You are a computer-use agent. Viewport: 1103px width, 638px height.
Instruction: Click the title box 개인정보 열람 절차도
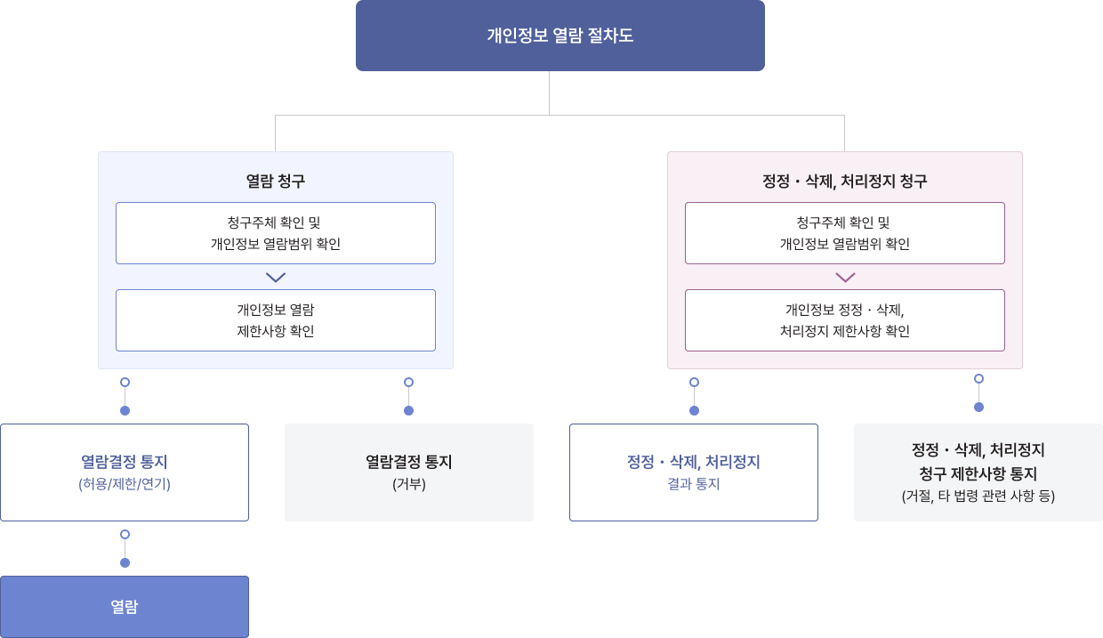tap(560, 36)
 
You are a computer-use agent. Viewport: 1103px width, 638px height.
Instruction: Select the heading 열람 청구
tap(275, 182)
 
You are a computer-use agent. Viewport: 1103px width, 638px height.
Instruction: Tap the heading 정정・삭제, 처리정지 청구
tap(844, 182)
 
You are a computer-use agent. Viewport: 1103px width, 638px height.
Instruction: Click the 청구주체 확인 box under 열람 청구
tap(275, 233)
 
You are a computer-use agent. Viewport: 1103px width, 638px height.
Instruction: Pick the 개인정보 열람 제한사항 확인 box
tap(275, 320)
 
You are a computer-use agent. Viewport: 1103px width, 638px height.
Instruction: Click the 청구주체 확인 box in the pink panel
tap(844, 233)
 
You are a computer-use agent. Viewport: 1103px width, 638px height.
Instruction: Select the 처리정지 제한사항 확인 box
tap(844, 320)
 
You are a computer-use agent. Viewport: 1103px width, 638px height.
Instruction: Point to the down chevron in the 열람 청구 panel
tap(276, 278)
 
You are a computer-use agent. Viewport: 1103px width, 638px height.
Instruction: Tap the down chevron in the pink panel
tap(845, 278)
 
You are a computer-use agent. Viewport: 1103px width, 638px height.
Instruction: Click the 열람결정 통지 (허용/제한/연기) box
tap(125, 472)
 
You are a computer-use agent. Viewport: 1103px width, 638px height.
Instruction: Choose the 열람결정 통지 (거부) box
tap(408, 472)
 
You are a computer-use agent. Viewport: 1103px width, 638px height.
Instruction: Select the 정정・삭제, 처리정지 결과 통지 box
tap(693, 472)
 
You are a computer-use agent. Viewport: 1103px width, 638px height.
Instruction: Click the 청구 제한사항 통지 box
tap(978, 472)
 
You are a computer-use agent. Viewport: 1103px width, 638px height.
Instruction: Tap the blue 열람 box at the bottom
tap(125, 607)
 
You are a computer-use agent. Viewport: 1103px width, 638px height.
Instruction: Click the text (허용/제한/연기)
tap(125, 485)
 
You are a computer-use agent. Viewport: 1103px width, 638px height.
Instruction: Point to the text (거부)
tap(408, 485)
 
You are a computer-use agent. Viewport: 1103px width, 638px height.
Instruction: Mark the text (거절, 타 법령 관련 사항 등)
tap(978, 497)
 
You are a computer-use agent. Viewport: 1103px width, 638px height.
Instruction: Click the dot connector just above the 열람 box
tap(125, 548)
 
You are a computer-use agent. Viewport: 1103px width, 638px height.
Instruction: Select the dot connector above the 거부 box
tap(408, 396)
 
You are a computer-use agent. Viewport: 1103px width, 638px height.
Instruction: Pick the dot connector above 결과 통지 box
tap(694, 396)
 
